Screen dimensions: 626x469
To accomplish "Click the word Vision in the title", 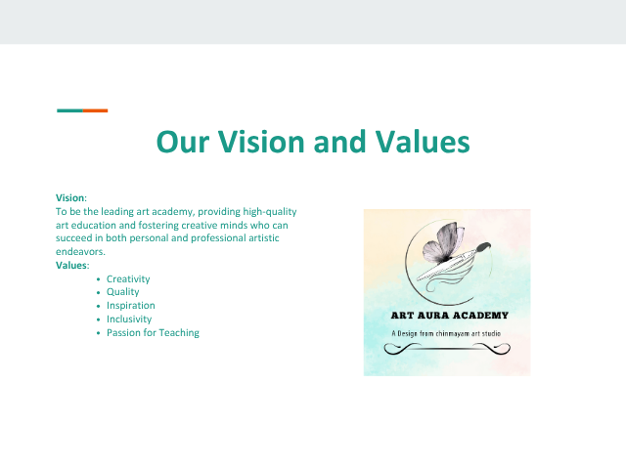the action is tap(261, 142).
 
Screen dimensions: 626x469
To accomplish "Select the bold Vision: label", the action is tap(71, 197).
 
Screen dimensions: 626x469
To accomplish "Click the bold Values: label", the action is tap(72, 265).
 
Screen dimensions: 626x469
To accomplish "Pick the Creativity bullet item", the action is tap(128, 279).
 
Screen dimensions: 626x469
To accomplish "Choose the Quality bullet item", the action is tap(122, 292).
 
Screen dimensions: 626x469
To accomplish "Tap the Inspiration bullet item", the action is tap(130, 306).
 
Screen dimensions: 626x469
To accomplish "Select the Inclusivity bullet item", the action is tap(129, 320).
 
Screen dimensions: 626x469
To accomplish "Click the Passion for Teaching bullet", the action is tap(153, 332).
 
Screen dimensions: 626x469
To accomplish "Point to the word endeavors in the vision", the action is tap(80, 252).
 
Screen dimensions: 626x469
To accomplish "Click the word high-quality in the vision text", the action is tap(270, 212).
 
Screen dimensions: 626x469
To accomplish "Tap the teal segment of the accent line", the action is tap(69, 110).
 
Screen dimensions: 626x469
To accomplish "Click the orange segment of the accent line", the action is tap(96, 110).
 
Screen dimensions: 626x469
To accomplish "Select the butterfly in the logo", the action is tap(443, 243).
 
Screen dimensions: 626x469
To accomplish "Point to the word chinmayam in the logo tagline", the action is tap(452, 334).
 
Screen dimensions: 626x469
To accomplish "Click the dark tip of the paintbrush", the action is tap(483, 247).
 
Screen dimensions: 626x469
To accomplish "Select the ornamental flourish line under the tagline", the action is tap(447, 349).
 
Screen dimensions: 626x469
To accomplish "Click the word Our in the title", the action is tap(183, 142).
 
